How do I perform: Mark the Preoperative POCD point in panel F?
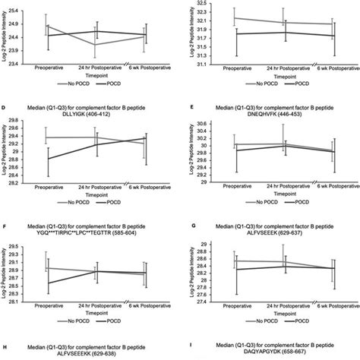[x=47, y=283]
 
